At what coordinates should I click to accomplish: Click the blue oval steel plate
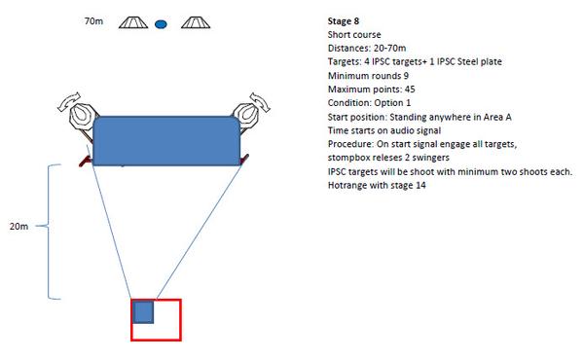coord(161,24)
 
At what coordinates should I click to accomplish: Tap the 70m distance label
coord(93,21)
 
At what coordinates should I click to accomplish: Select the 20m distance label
coord(19,227)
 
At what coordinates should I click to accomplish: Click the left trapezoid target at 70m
coord(133,22)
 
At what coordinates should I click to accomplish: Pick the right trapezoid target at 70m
coord(196,22)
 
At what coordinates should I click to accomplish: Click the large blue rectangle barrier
coord(166,141)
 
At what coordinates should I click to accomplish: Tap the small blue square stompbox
coord(143,312)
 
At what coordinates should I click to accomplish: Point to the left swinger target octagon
coord(83,116)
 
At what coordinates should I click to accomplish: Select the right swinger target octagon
coord(246,115)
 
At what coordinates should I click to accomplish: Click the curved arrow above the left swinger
coord(69,100)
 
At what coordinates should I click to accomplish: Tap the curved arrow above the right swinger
coord(260,100)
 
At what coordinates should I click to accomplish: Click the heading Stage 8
coord(344,21)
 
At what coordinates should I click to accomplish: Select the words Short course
coord(354,35)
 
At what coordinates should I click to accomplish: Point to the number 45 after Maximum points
coord(410,90)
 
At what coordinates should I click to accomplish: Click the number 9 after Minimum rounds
coord(406,76)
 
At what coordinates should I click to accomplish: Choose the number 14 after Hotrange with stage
coord(420,186)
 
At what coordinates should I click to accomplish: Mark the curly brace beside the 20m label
coord(49,232)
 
